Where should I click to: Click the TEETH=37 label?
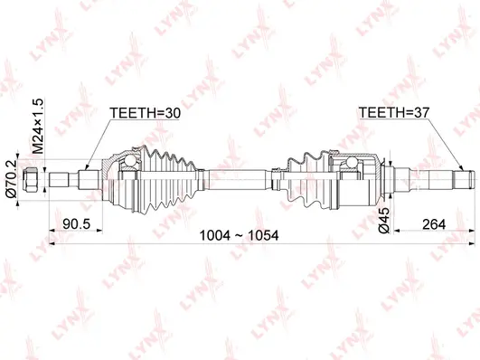(x=394, y=114)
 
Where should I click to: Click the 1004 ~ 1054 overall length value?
(x=239, y=235)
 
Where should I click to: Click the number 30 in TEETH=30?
(x=173, y=114)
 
